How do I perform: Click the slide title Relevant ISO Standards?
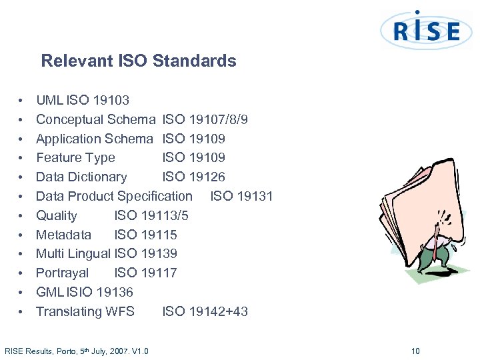(139, 61)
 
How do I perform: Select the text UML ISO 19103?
(83, 101)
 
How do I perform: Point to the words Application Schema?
(94, 139)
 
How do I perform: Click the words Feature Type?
(75, 158)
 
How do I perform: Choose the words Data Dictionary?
(81, 177)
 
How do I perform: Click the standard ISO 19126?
(194, 177)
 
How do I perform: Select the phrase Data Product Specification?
(114, 196)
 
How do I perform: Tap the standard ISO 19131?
(241, 196)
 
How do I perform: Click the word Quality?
(57, 215)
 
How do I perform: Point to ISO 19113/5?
(151, 215)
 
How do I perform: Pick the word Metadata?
(63, 235)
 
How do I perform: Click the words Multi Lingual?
(73, 253)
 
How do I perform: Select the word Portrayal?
(62, 273)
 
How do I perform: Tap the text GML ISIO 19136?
(85, 292)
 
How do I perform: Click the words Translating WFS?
(85, 311)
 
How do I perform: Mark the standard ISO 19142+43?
(205, 311)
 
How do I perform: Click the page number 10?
(415, 351)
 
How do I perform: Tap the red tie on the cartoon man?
(435, 248)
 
